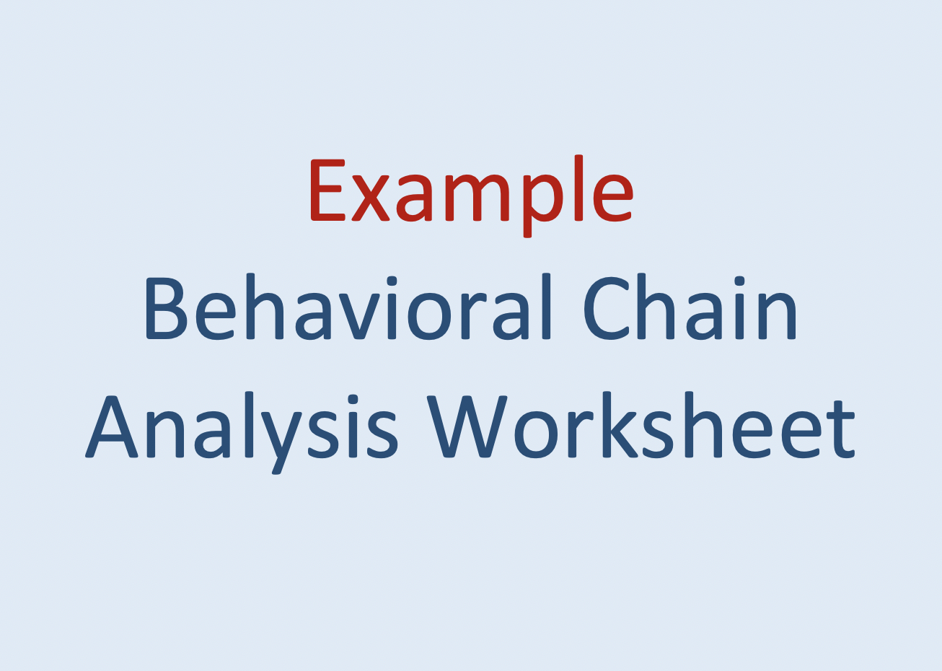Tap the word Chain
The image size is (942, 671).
tap(690, 309)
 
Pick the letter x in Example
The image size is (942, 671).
tap(371, 198)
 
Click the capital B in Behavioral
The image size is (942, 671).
tap(165, 309)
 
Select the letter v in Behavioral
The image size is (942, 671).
tap(359, 315)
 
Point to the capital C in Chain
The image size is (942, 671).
tap(607, 309)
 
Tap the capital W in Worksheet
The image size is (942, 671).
tap(466, 427)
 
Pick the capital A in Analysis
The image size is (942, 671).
tap(112, 427)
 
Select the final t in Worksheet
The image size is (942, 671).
tap(840, 430)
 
